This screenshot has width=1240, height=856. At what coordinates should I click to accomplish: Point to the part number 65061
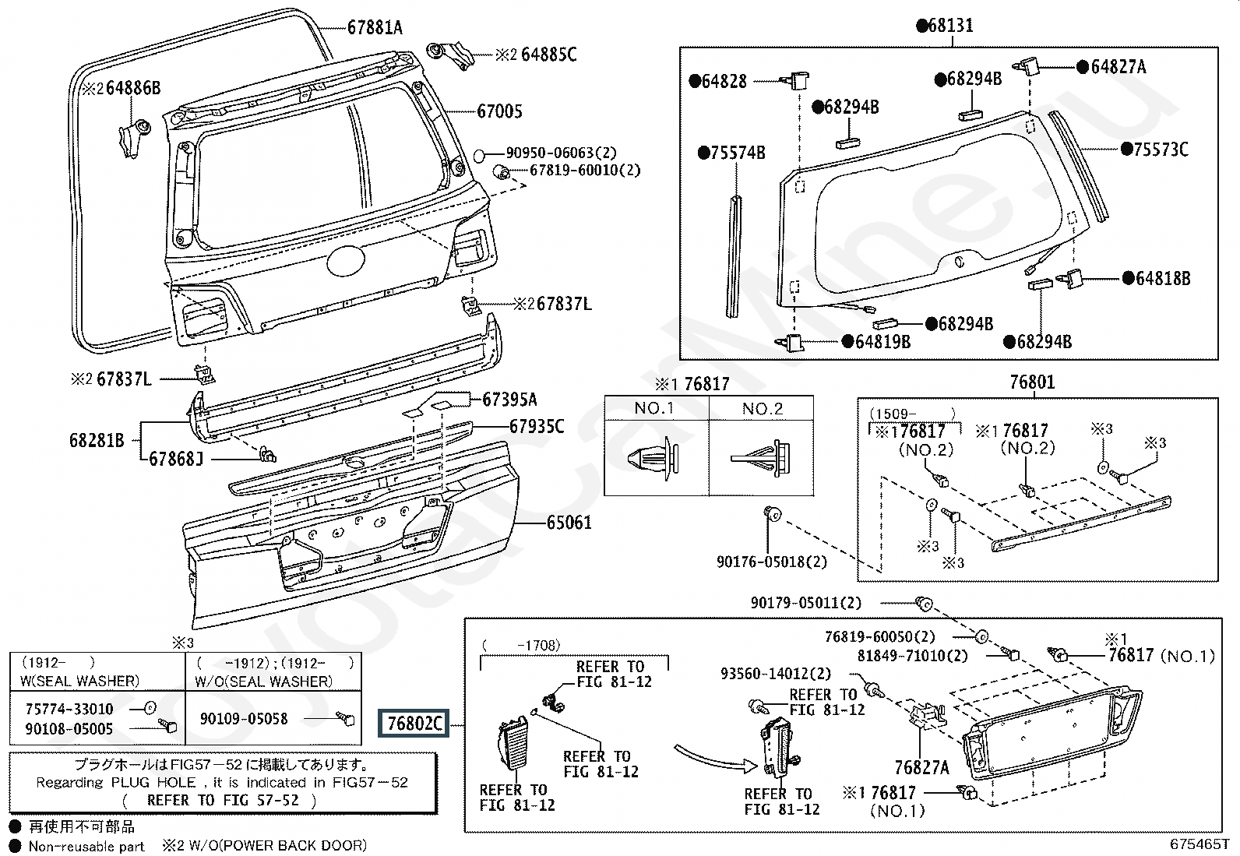(x=569, y=522)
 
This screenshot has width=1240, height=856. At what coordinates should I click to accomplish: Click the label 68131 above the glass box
(x=945, y=26)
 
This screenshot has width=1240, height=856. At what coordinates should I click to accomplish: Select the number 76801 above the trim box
(x=1032, y=382)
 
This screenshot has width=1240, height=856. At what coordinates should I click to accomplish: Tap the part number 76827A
(x=921, y=767)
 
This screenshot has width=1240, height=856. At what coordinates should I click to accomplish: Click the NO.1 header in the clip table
(x=654, y=409)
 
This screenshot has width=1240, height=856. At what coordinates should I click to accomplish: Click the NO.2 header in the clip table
(x=762, y=409)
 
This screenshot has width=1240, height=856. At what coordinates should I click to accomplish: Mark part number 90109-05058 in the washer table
(x=244, y=719)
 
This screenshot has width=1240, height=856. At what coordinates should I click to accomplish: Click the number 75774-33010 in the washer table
(x=69, y=709)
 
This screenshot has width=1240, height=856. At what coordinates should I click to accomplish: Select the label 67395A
(x=509, y=400)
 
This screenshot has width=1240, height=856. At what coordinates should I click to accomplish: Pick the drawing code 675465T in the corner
(x=1199, y=844)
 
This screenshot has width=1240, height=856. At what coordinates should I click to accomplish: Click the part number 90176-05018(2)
(x=772, y=562)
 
